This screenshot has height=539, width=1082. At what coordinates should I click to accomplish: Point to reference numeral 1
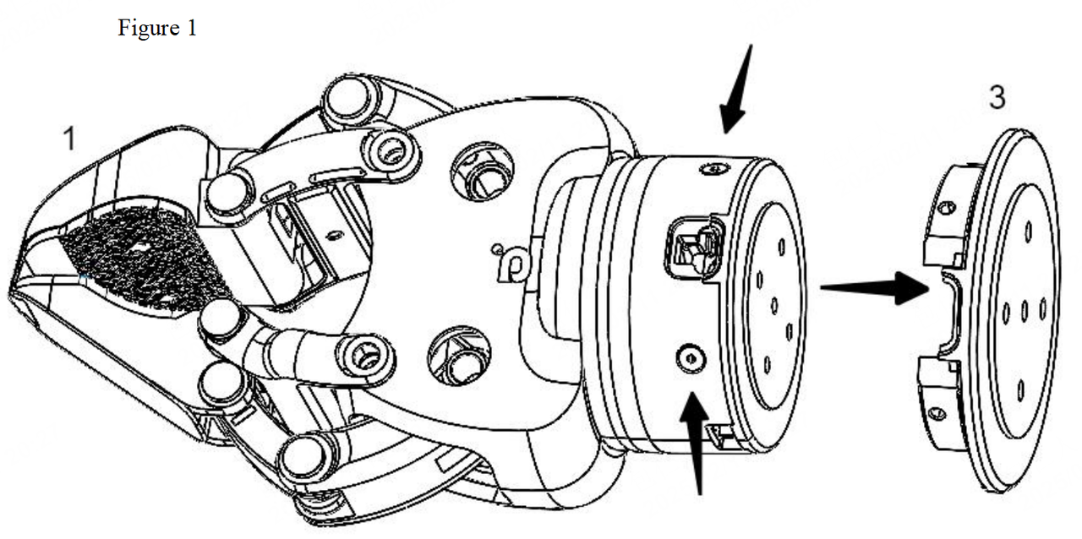point(70,139)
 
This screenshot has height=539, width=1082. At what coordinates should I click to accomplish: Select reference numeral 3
point(997,97)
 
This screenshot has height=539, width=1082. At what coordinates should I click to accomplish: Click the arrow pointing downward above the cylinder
point(735,89)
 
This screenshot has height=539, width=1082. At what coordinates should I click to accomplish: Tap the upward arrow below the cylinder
point(696,444)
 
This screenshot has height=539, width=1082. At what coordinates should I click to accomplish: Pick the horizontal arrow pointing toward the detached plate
point(875,288)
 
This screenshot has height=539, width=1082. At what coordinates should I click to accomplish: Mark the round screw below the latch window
point(691,359)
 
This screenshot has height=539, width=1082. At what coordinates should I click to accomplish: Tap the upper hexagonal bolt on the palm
point(482,171)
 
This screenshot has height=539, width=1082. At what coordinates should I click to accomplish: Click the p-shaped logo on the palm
point(510,264)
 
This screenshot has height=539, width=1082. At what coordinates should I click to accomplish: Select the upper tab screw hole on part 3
point(946,208)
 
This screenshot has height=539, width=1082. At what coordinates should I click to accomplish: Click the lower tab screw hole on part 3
point(937,413)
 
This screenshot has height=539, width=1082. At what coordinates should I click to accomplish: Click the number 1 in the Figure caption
point(191,29)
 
